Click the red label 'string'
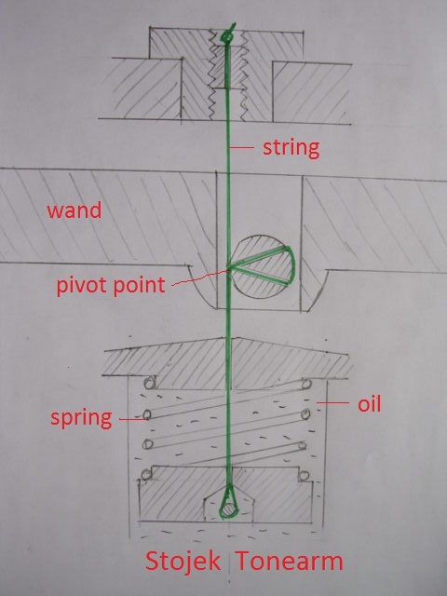tap(291, 149)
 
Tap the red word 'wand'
tap(74, 210)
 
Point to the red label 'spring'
tap(81, 418)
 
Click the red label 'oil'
tap(369, 404)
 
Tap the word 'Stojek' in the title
tap(183, 562)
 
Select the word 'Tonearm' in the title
tap(290, 562)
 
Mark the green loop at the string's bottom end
tap(228, 503)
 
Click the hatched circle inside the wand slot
tap(263, 267)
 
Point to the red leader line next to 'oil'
tap(333, 403)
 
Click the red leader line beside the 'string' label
tap(243, 147)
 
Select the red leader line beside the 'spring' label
tap(131, 420)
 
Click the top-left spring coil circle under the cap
tap(150, 383)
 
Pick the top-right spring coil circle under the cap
tap(305, 385)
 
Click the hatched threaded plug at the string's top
tap(227, 67)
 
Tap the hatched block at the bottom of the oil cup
tap(225, 494)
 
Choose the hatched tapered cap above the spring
tap(227, 358)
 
